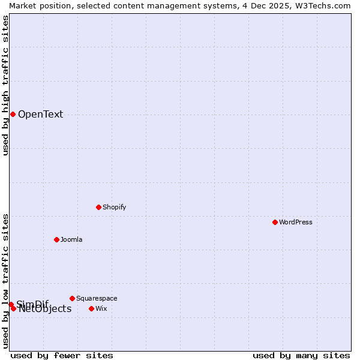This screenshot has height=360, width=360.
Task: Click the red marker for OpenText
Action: (13, 114)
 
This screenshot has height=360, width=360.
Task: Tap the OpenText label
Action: (40, 115)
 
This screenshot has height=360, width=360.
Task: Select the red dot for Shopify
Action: (98, 207)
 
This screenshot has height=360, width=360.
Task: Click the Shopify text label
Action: (114, 208)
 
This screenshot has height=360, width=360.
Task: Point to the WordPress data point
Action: (275, 222)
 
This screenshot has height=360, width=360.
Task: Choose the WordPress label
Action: (295, 223)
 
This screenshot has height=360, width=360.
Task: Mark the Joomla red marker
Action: (56, 239)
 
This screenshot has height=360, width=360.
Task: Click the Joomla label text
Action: (71, 240)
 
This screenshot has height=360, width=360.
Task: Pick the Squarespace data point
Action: (72, 298)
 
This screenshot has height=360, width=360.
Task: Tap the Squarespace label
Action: (97, 299)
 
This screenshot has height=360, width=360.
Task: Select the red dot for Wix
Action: (91, 308)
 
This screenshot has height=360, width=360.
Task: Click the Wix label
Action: (101, 309)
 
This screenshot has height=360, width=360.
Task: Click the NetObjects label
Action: (45, 310)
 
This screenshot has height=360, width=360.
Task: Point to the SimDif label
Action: (32, 304)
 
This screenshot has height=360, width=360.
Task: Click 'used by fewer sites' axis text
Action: (62, 356)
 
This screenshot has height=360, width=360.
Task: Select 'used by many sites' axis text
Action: (301, 356)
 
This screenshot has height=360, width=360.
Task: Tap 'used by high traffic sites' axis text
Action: (5, 85)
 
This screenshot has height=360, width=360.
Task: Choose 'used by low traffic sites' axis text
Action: (5, 280)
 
